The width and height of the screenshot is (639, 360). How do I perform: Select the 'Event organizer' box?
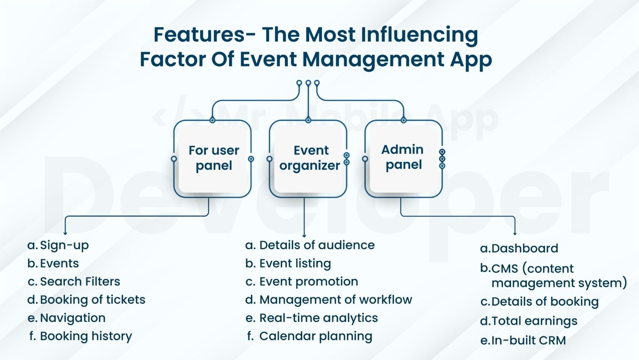[310, 158]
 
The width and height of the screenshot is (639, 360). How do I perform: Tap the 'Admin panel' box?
[403, 157]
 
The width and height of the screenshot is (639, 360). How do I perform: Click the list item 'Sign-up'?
[64, 245]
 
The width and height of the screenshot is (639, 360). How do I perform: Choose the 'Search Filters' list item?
[80, 281]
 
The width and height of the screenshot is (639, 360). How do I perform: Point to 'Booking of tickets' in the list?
[92, 300]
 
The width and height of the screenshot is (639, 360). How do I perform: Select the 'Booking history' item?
[86, 336]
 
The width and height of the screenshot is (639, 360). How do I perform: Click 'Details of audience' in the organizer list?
[317, 245]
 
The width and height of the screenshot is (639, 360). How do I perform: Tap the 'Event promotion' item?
[308, 281]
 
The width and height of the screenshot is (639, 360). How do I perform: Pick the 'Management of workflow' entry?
[335, 300]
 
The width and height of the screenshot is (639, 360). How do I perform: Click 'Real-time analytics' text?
[318, 318]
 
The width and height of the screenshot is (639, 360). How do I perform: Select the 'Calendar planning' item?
[315, 336]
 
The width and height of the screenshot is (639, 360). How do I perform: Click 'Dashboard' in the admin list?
[525, 249]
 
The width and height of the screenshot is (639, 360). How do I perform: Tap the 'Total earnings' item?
[534, 321]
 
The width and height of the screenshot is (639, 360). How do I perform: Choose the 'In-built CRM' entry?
[528, 340]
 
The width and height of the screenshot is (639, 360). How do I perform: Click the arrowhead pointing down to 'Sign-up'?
[65, 233]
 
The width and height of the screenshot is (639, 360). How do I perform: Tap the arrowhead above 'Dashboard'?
[515, 233]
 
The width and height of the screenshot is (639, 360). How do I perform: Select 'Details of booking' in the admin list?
[545, 302]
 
